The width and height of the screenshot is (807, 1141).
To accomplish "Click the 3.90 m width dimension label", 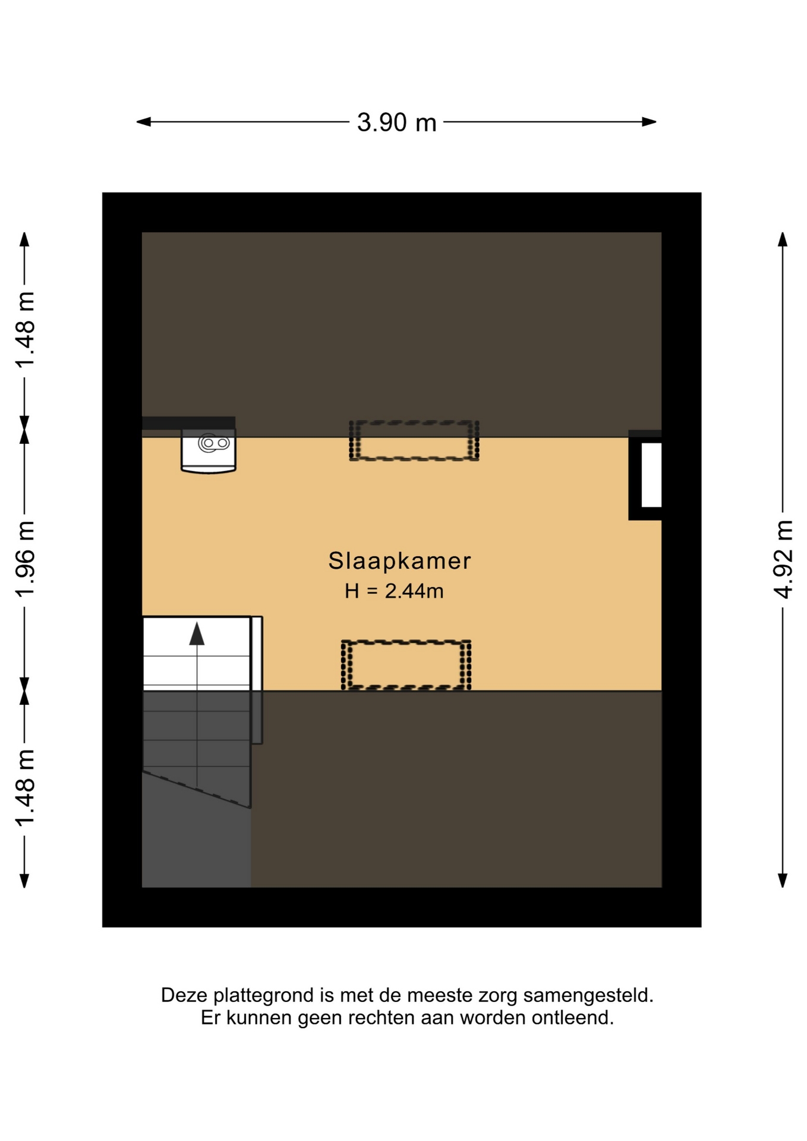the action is pyautogui.click(x=396, y=122).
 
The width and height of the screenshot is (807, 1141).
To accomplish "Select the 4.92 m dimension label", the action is pyautogui.click(x=783, y=559).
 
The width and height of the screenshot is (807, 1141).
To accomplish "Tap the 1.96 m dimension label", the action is pyautogui.click(x=24, y=559).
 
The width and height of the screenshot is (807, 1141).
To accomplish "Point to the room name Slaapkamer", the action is pyautogui.click(x=399, y=561).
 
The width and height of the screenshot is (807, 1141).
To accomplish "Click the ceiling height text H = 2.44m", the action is pyautogui.click(x=394, y=591).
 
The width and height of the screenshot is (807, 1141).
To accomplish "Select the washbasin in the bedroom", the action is pyautogui.click(x=209, y=450).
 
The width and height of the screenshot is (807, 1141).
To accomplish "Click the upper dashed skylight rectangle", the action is pyautogui.click(x=414, y=440).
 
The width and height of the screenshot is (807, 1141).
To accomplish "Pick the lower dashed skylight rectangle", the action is pyautogui.click(x=406, y=665).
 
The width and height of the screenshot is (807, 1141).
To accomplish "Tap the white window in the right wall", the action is pyautogui.click(x=651, y=474).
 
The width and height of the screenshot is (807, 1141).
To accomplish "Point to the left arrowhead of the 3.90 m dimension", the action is pyautogui.click(x=144, y=122).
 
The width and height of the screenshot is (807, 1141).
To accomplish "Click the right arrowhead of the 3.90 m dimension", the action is pyautogui.click(x=650, y=122).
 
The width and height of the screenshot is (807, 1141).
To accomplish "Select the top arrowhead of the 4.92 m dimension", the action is pyautogui.click(x=783, y=239).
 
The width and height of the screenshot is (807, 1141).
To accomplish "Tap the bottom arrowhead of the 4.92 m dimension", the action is pyautogui.click(x=783, y=881).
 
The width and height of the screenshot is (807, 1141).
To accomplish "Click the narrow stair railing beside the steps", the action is pyautogui.click(x=257, y=680).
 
